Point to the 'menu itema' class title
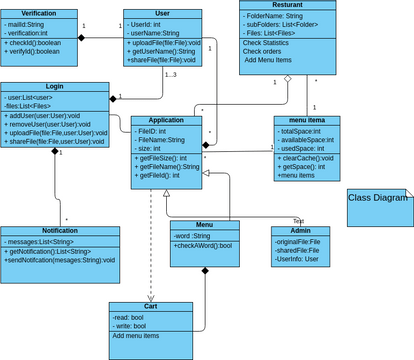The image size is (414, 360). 307,120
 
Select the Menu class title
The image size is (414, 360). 204,225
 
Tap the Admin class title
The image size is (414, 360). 300,231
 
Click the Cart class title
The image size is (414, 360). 150,306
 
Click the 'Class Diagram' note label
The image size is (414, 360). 377,198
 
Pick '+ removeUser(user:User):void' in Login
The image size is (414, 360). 54,126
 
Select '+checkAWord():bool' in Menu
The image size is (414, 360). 203,246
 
